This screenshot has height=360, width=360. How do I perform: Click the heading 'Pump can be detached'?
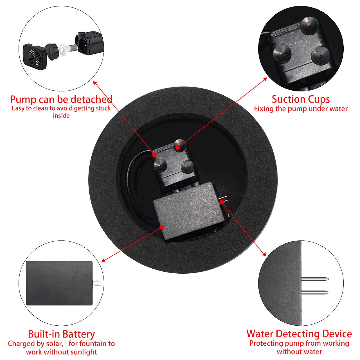click(x=61, y=100)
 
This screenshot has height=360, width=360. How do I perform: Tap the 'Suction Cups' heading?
click(x=301, y=99)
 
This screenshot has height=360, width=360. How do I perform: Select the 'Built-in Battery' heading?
click(x=61, y=334)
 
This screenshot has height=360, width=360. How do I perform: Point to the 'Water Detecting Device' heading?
click(x=299, y=334)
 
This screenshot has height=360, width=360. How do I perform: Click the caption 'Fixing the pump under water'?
click(x=301, y=109)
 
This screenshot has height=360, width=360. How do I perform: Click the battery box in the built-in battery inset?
click(x=59, y=283)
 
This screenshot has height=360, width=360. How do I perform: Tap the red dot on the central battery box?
click(x=162, y=227)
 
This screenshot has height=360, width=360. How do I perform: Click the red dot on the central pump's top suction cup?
click(x=177, y=147)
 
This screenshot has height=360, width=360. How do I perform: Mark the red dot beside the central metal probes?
click(x=222, y=202)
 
